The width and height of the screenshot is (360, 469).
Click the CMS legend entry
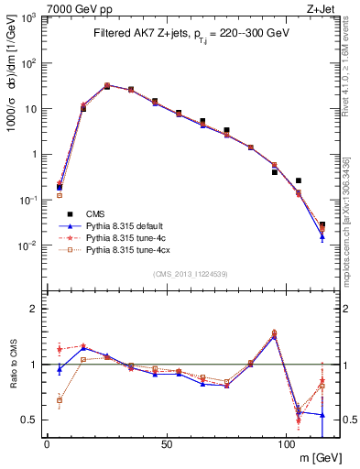97,212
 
